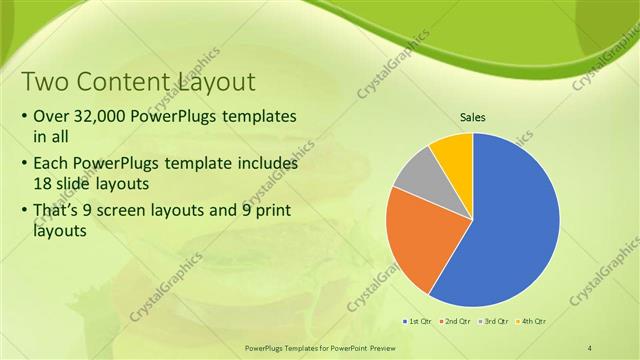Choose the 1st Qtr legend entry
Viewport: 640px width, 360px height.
pos(415,321)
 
